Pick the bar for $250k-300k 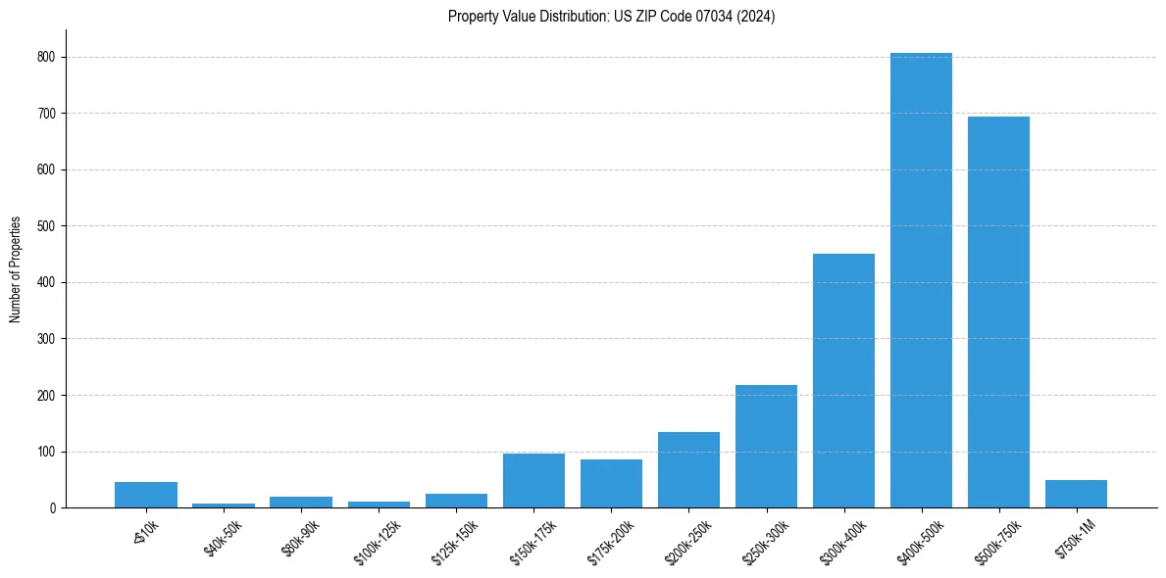[x=766, y=446]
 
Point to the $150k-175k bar [x=533, y=480]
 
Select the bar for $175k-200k [x=611, y=483]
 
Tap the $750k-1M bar [x=1076, y=494]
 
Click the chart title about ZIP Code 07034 [x=611, y=17]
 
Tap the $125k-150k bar [x=456, y=501]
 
